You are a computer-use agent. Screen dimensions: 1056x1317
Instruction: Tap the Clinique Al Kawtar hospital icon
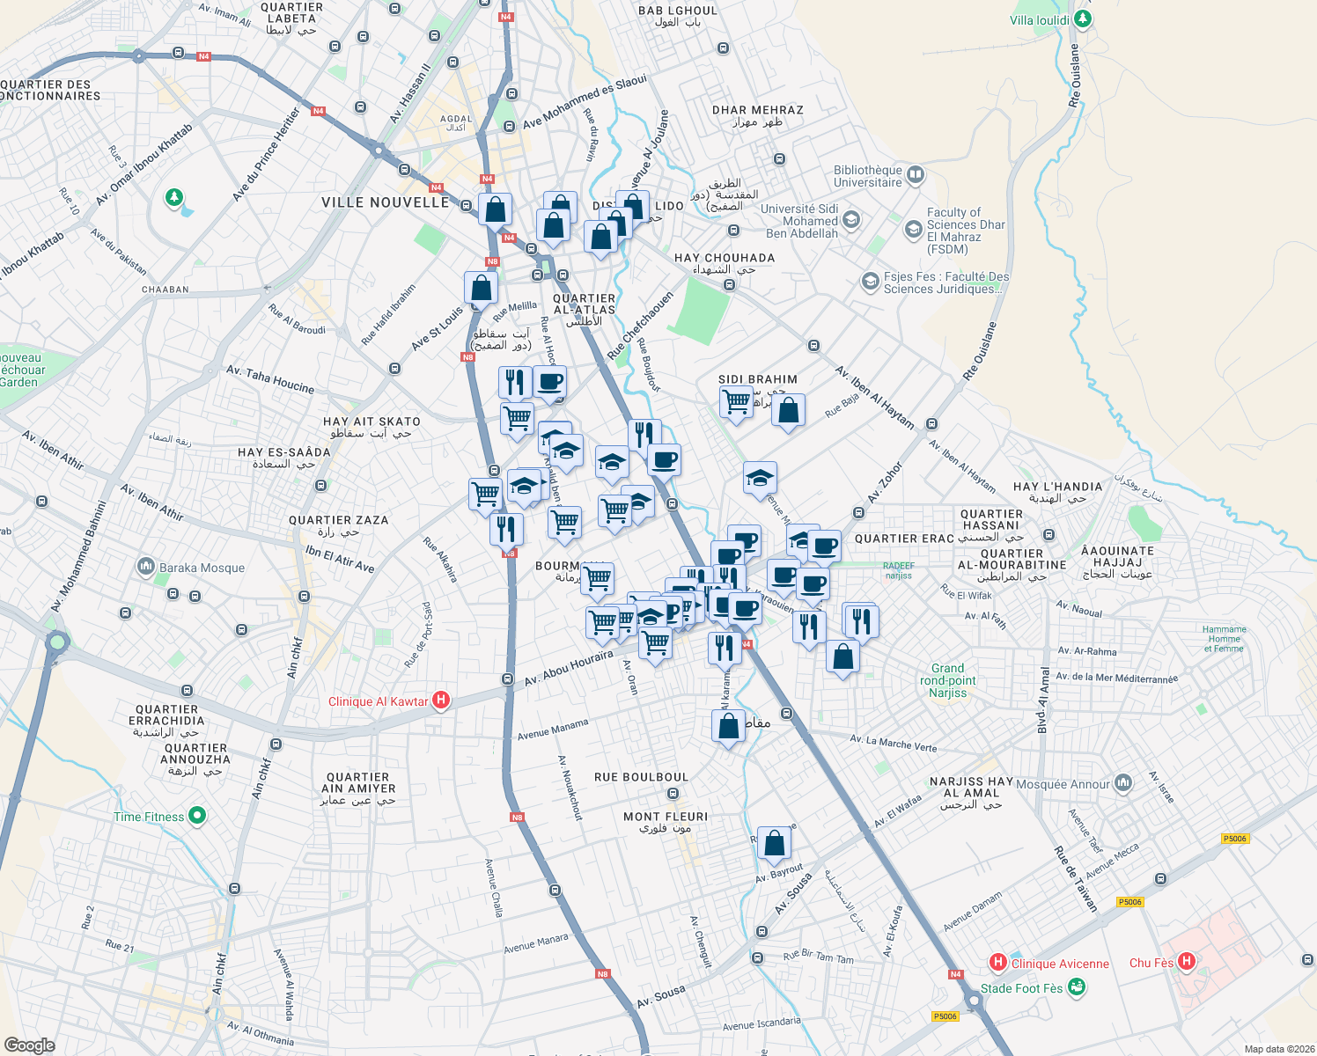tap(441, 700)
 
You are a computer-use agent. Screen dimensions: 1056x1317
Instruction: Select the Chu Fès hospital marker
tap(1186, 961)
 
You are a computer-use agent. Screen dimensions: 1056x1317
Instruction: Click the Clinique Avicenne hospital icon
tap(998, 962)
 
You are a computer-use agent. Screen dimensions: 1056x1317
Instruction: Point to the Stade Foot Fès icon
tap(1076, 987)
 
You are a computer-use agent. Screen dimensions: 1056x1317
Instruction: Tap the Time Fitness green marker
tap(197, 816)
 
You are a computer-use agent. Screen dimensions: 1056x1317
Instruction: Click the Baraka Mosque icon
tap(146, 567)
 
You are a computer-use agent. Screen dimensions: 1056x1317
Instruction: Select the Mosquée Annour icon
tap(1123, 782)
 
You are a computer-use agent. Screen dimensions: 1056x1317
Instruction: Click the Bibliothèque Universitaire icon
tap(916, 174)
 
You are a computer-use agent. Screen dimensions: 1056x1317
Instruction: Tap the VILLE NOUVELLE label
tap(385, 202)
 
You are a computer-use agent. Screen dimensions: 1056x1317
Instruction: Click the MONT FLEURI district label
tap(666, 817)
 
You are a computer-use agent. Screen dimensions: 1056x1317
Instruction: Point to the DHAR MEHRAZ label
tap(757, 110)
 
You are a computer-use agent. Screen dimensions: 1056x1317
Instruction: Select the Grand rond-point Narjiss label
tap(947, 680)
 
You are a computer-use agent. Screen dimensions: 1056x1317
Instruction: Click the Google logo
tap(29, 1045)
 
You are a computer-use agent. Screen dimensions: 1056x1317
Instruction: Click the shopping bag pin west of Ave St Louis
tap(481, 288)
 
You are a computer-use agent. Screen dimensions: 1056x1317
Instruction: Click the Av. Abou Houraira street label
tap(569, 669)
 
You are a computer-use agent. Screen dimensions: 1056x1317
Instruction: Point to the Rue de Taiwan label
tap(1076, 878)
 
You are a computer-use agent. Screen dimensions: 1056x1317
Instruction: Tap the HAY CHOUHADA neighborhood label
tap(725, 258)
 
